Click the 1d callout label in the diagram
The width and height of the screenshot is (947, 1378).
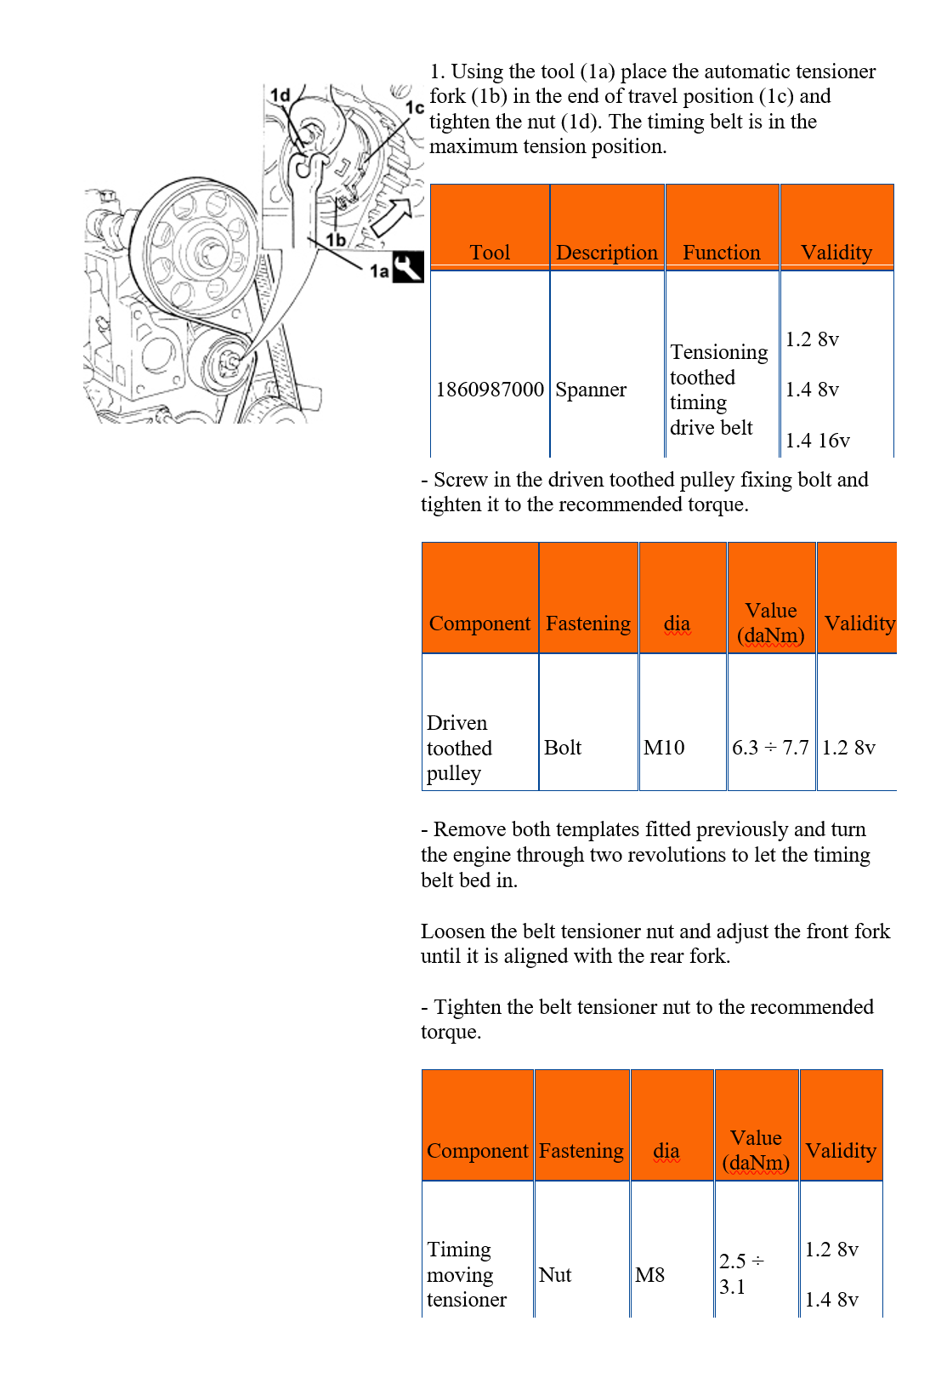281,95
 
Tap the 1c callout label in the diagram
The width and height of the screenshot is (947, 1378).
415,108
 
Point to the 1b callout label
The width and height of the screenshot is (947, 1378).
337,239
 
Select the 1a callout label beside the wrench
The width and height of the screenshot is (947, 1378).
379,270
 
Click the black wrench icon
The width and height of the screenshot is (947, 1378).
408,267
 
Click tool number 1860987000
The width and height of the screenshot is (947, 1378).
491,390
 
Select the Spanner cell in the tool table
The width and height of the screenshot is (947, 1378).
591,390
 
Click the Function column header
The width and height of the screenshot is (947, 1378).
722,253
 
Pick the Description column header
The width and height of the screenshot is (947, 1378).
607,253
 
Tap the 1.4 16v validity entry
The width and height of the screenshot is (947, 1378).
818,441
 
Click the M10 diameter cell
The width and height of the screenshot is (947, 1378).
664,748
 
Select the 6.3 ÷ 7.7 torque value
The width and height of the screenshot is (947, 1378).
770,748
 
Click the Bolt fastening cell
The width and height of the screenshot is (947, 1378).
563,748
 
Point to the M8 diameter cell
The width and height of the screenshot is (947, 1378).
650,1274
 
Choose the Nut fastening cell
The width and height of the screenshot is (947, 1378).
555,1274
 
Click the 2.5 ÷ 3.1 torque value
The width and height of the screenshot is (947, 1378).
741,1274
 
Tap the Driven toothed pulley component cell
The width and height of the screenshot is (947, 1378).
459,748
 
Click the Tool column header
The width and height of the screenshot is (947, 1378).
491,253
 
